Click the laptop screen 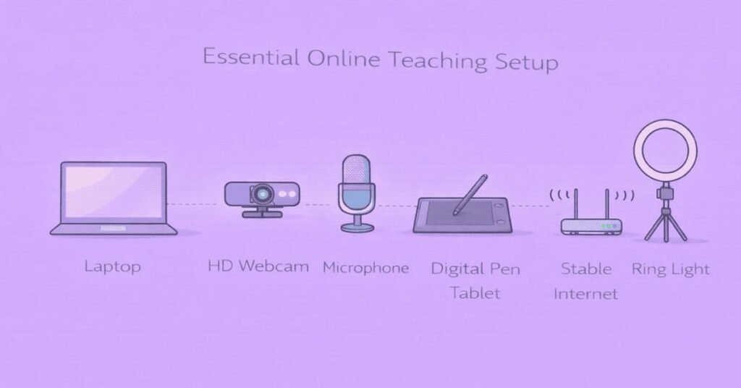(x=114, y=193)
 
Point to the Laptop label (x=112, y=266)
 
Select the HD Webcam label (x=258, y=266)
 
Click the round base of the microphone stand (x=357, y=227)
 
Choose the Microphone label (x=365, y=268)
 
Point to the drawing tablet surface (x=456, y=214)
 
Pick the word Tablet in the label (x=475, y=293)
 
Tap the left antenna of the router (x=576, y=202)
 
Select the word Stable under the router (x=586, y=269)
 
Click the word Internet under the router (x=586, y=294)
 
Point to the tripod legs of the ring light (x=665, y=225)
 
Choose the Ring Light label (x=671, y=269)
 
